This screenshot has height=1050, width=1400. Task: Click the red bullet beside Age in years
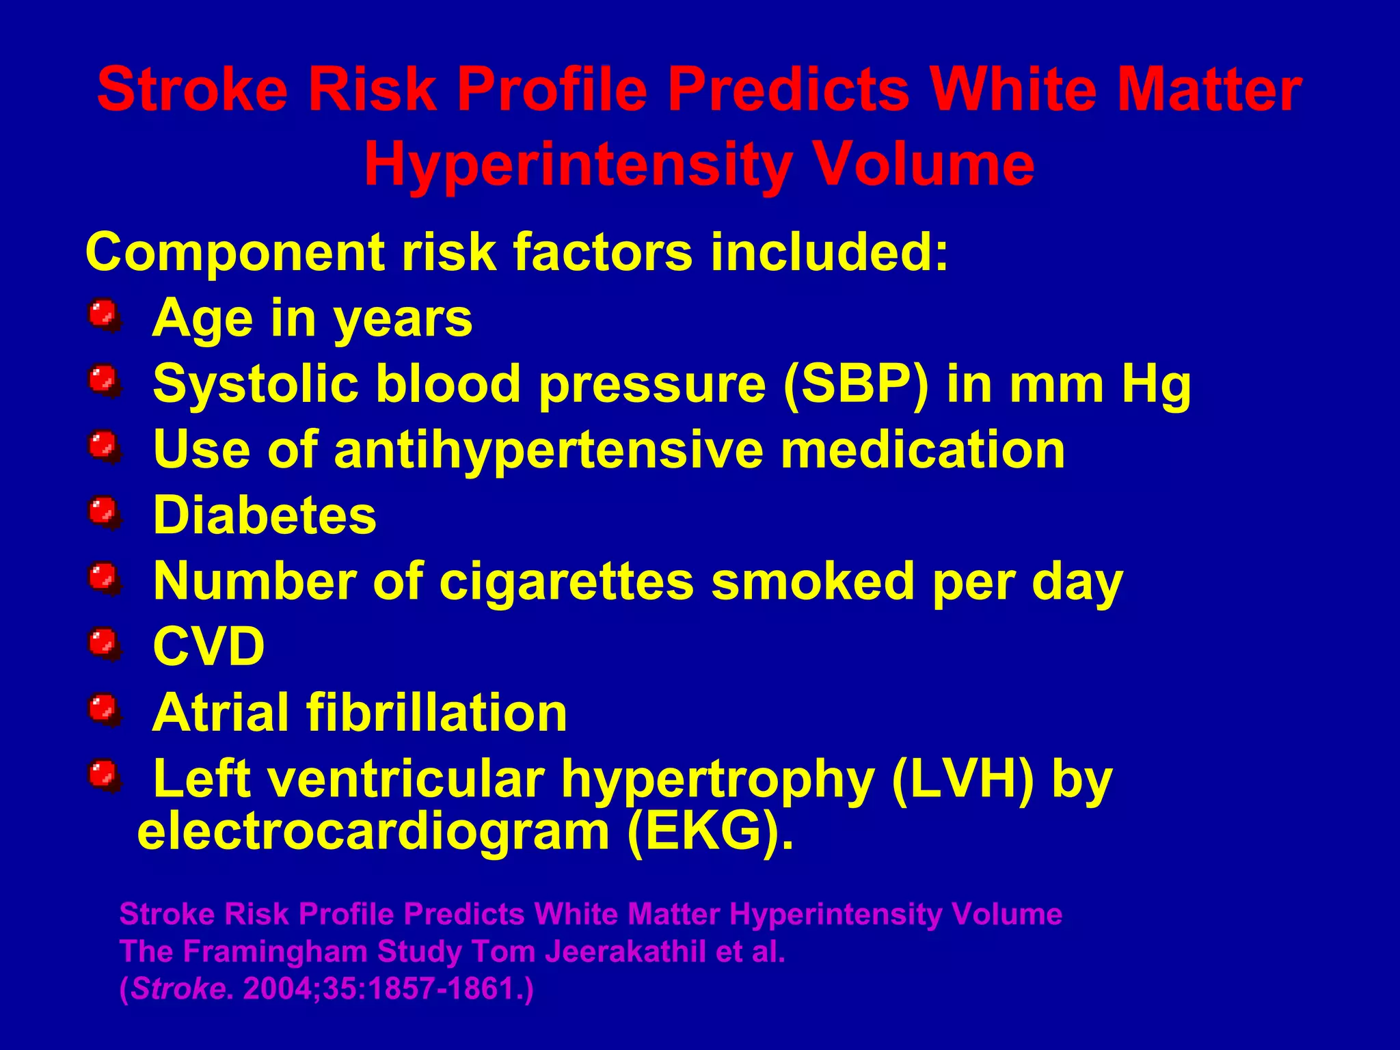[104, 316]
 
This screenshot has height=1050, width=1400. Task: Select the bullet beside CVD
[104, 645]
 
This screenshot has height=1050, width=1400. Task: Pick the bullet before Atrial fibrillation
[104, 710]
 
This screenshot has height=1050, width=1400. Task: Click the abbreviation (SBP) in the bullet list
[857, 384]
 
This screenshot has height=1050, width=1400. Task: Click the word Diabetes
[265, 515]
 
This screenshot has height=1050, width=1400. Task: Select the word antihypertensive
[548, 450]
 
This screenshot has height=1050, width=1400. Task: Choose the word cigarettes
[566, 581]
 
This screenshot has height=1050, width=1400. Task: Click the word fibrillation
[437, 713]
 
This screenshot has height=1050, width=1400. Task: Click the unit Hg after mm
[1156, 384]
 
